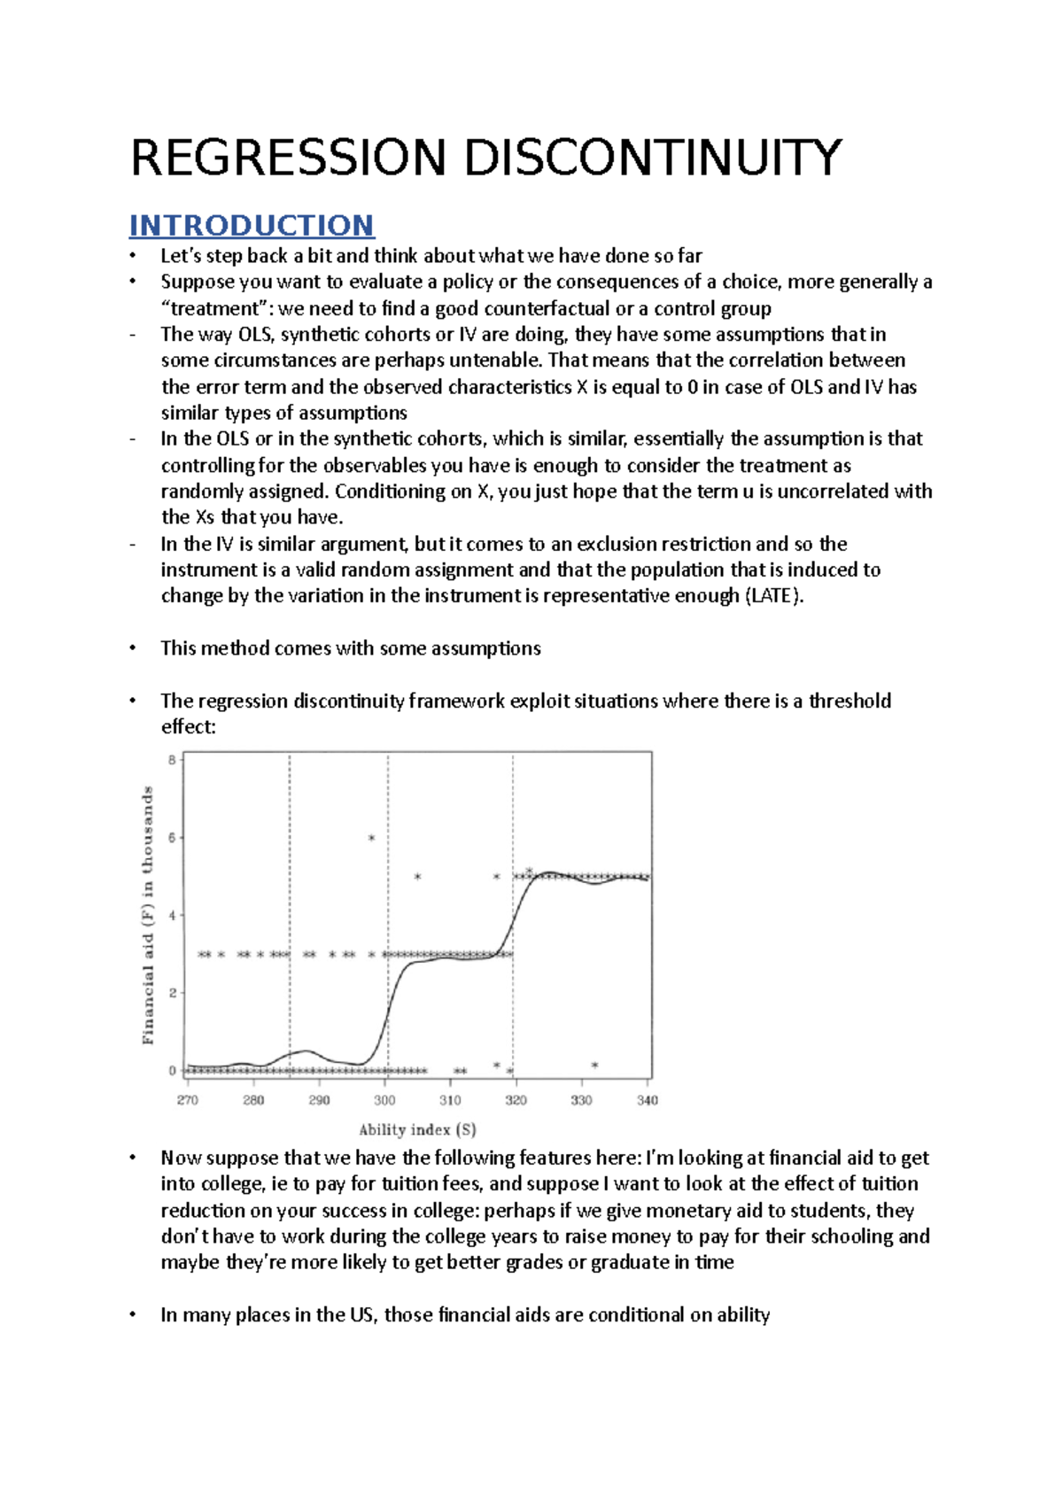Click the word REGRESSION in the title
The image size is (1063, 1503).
pos(288,159)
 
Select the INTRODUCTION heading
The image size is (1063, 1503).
pos(252,225)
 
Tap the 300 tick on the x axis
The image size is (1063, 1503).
pos(384,1100)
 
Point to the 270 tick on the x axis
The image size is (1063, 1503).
pos(188,1100)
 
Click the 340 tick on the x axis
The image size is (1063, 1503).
pos(648,1100)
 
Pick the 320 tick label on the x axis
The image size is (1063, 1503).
pos(516,1100)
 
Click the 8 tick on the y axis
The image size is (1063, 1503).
pos(172,759)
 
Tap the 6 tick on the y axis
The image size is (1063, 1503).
pos(172,837)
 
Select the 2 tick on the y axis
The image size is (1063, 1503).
pos(172,993)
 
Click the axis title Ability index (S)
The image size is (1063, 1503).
pos(417,1129)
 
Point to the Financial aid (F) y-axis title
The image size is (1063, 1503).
pos(148,915)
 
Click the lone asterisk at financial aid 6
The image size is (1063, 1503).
pos(372,838)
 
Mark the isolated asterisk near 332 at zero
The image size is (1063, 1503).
pos(595,1065)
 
